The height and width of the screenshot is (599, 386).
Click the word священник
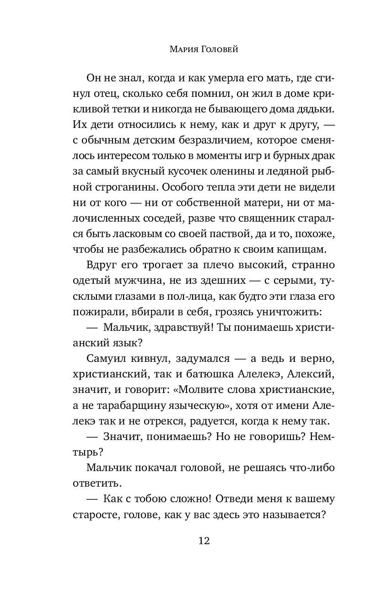coord(258,218)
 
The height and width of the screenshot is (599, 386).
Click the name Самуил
coord(103,358)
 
